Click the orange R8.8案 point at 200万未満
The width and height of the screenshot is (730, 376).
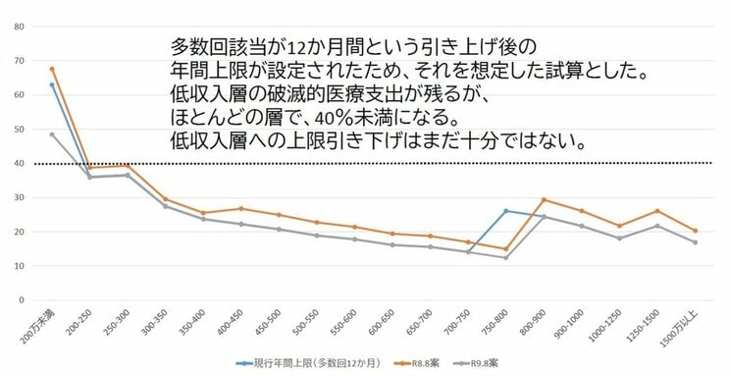pyautogui.click(x=52, y=69)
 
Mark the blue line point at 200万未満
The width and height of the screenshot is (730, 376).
pyautogui.click(x=52, y=84)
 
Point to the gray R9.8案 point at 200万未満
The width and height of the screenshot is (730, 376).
pyautogui.click(x=52, y=134)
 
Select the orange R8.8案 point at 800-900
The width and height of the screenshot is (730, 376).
pyautogui.click(x=544, y=199)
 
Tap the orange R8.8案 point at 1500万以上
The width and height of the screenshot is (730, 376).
pyautogui.click(x=695, y=231)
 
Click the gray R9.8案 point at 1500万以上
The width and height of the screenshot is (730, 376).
pyautogui.click(x=695, y=242)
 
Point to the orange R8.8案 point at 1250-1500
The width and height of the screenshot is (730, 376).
pyautogui.click(x=656, y=211)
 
